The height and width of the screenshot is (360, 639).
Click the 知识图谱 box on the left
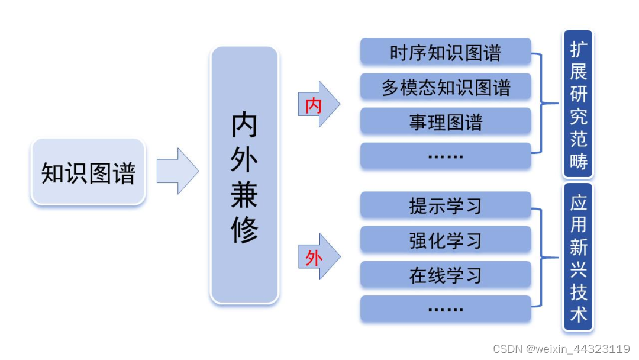point(88,172)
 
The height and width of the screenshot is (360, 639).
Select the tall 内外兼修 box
point(244,175)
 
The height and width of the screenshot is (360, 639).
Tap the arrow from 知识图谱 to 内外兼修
point(177,171)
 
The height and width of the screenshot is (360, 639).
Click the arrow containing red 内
point(318,105)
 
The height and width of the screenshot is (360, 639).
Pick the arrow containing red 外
point(318,257)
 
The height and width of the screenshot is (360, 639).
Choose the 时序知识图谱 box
point(446,53)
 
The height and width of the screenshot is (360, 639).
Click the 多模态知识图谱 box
point(446,87)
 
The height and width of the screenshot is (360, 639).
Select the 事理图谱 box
point(446,121)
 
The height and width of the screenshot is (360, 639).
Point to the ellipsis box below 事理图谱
point(446,156)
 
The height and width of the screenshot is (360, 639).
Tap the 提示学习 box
point(446,206)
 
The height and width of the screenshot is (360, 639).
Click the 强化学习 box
point(446,240)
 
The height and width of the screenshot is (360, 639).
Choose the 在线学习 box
point(446,275)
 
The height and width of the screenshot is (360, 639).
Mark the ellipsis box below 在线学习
point(446,309)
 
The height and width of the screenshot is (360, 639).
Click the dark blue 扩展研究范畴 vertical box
point(578,104)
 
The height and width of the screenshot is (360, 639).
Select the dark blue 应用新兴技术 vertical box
point(578,257)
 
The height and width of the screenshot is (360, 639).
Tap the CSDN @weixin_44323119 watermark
point(561,349)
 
